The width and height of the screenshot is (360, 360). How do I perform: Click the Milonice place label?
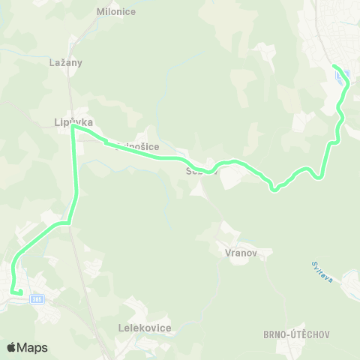[x=115, y=12]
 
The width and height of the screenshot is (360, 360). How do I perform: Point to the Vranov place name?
[x=241, y=253]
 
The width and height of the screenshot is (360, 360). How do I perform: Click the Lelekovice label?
[x=145, y=328]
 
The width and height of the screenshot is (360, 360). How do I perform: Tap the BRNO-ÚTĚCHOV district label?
[x=297, y=334]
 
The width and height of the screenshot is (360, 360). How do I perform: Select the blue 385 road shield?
[x=37, y=299]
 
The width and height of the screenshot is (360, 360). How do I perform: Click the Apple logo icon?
[x=12, y=347]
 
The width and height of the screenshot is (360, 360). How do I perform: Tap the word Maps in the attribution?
[x=33, y=347]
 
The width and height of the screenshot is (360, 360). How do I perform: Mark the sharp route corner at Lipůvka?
[x=73, y=127]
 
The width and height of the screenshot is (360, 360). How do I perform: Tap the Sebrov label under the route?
[x=201, y=171]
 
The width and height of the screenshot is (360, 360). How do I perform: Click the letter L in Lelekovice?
[x=121, y=328]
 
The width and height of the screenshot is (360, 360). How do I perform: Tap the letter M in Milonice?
[x=100, y=12]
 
